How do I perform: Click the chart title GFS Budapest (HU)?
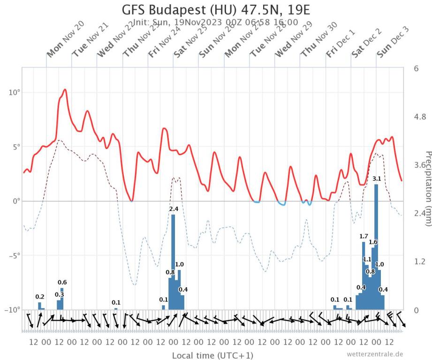[x=216, y=10]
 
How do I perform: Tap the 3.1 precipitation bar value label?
[x=376, y=179]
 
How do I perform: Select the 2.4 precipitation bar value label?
[x=174, y=209]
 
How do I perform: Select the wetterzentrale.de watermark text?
[x=375, y=354]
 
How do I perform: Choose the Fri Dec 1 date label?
[x=341, y=44]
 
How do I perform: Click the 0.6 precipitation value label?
[x=62, y=282]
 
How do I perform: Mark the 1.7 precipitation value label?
[x=364, y=236]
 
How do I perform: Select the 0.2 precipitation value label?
[x=40, y=297]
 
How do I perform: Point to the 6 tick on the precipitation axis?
[x=416, y=68]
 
